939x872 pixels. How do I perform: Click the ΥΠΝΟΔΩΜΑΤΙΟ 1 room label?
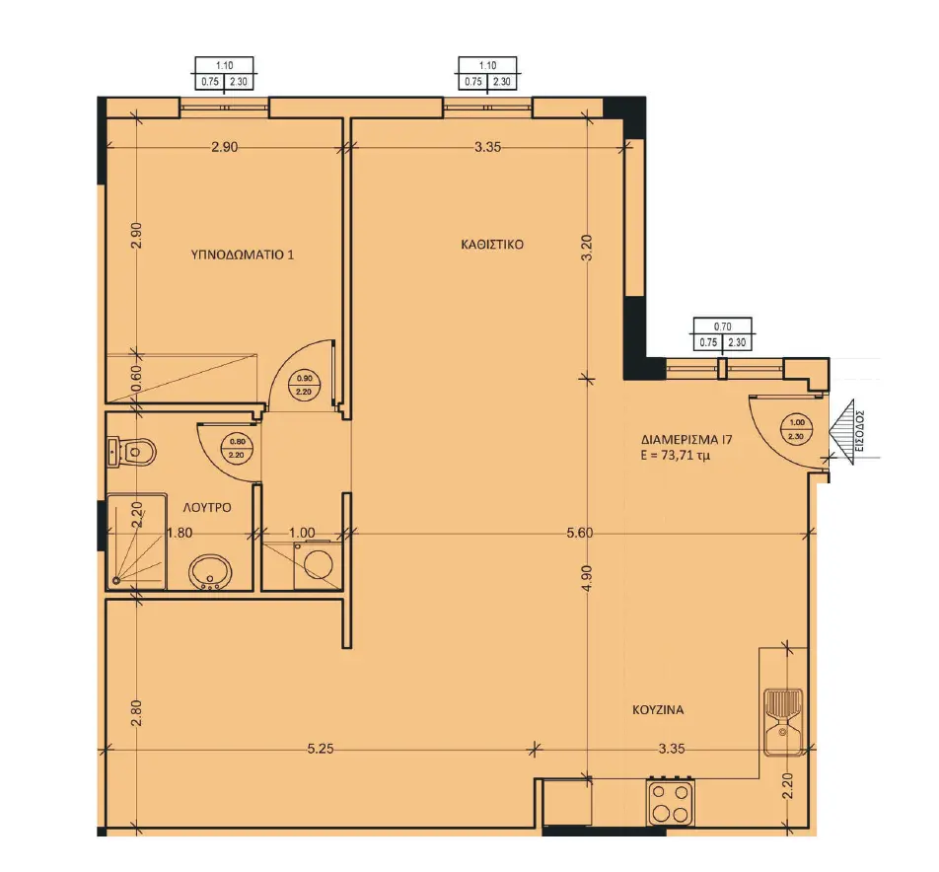(242, 254)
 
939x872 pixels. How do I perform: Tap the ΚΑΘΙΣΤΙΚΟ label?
(492, 245)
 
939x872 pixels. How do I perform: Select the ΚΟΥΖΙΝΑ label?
(658, 710)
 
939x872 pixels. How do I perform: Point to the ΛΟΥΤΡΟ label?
(207, 508)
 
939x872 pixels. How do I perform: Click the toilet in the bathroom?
(132, 452)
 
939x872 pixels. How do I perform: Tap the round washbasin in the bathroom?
(210, 572)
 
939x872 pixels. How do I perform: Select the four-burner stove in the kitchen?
(670, 802)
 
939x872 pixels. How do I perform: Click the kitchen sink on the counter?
(784, 722)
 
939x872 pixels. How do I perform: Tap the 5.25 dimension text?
(320, 748)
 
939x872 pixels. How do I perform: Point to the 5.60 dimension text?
(579, 533)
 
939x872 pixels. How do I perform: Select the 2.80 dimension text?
(137, 712)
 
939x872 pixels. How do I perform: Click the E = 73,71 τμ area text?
(675, 456)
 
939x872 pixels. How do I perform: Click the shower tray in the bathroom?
(136, 542)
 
